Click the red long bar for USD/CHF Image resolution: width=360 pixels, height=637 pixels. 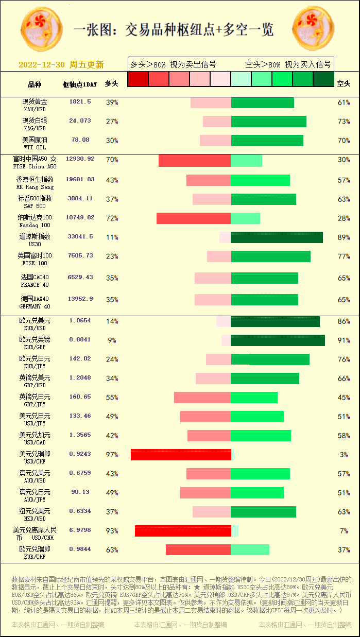click(x=181, y=455)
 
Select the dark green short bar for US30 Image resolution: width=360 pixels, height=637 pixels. click(x=277, y=237)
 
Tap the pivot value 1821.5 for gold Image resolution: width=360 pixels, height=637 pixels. click(x=80, y=102)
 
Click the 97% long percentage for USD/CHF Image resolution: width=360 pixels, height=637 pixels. click(x=112, y=455)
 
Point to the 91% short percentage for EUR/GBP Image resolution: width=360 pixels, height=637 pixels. click(x=344, y=340)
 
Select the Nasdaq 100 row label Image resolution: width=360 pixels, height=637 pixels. click(x=35, y=221)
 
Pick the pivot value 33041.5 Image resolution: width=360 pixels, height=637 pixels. click(x=80, y=236)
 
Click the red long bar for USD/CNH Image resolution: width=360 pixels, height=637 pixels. click(x=183, y=531)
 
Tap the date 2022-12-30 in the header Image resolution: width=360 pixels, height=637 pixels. click(x=42, y=65)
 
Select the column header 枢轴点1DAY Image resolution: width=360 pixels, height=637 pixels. click(x=80, y=84)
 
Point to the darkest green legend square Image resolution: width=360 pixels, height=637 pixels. click(x=323, y=79)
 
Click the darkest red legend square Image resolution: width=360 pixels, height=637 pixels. click(x=138, y=79)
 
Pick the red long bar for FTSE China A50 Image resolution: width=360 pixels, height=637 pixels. click(x=194, y=161)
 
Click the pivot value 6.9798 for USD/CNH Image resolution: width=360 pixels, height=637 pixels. click(x=80, y=530)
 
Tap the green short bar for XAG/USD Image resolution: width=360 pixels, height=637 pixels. click(x=268, y=122)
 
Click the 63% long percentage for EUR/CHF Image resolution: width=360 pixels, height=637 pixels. click(x=112, y=550)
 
